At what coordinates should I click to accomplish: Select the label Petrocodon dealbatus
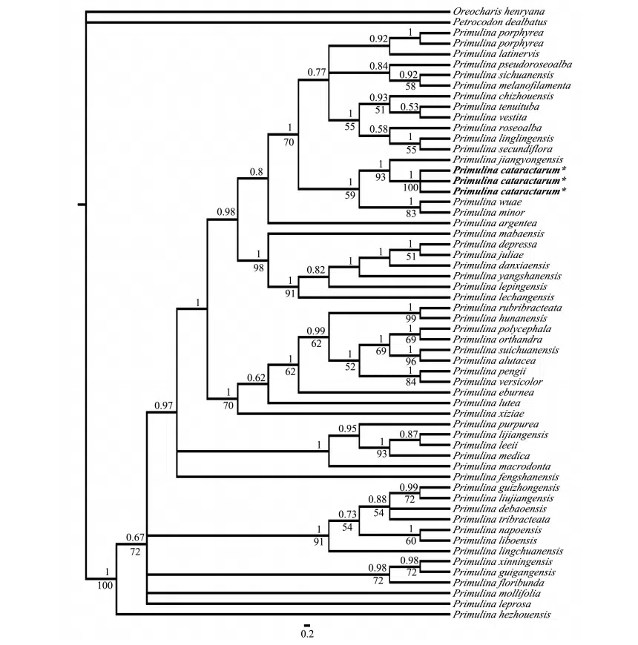coord(497,22)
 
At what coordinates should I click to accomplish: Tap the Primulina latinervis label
coord(497,54)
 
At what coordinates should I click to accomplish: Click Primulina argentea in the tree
coord(495,222)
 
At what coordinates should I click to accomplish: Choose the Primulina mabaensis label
coord(498,234)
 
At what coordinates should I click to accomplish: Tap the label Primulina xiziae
coord(489,413)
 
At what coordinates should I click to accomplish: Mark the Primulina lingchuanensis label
coord(508,551)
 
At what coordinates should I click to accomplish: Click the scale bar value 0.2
coord(307,634)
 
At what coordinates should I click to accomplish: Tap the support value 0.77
coord(318,71)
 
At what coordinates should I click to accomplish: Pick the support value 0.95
coord(349,429)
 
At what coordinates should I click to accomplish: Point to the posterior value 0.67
coord(134,537)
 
